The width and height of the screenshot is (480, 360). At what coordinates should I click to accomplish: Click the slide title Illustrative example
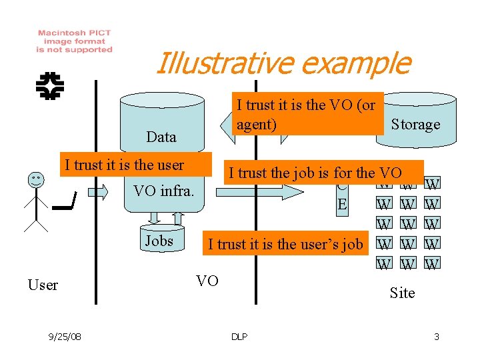click(282, 63)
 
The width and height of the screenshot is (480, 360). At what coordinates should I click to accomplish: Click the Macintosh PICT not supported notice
click(74, 41)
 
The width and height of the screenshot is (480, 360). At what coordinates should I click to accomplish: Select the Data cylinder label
click(161, 137)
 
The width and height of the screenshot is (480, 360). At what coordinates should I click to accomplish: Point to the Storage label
click(415, 124)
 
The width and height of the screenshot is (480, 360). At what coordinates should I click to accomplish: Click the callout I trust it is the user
click(124, 165)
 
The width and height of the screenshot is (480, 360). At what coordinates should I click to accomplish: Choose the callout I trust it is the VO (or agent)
click(306, 114)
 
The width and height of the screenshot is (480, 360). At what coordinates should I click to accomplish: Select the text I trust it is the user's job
click(285, 244)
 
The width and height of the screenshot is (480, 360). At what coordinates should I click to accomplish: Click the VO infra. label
click(163, 191)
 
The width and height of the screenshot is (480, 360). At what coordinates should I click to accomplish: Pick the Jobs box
click(159, 241)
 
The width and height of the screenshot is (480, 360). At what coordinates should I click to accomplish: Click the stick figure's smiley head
click(36, 179)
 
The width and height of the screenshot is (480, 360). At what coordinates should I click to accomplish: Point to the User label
click(43, 285)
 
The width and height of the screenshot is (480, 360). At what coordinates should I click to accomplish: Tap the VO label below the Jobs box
click(207, 280)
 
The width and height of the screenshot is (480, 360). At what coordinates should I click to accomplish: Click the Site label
click(402, 293)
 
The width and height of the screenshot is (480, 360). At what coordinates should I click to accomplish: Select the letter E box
click(342, 203)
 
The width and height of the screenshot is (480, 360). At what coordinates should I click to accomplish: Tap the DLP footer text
click(239, 337)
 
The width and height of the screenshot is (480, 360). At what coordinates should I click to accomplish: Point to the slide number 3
click(436, 337)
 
